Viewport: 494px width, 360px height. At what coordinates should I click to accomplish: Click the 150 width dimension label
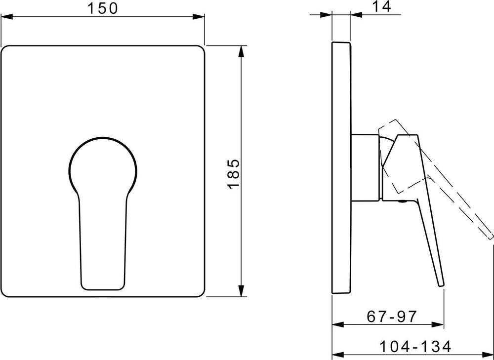point(102,8)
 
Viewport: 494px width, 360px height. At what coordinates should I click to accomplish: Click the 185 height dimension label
point(234,174)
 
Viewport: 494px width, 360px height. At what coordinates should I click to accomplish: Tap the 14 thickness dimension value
point(381,6)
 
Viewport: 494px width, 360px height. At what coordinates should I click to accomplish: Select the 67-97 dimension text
point(392,316)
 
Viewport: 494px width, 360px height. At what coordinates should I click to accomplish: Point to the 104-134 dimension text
point(415,347)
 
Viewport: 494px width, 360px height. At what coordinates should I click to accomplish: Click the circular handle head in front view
point(103,166)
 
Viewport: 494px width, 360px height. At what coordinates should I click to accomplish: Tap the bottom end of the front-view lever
point(103,288)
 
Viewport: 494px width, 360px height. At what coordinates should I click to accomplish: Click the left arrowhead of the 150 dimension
point(6,16)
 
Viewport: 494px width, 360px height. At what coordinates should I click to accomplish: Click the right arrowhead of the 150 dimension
point(199,16)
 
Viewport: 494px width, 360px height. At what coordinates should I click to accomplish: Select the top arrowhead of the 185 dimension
point(242,52)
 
